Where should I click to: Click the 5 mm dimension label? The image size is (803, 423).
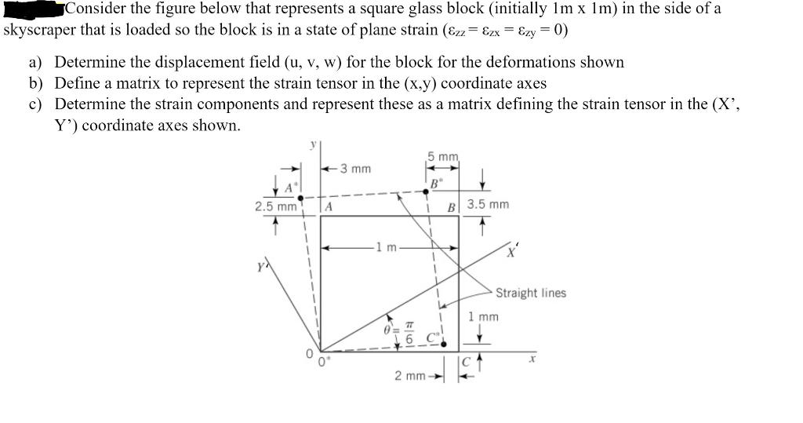[443, 157]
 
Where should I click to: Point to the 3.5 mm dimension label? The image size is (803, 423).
[488, 205]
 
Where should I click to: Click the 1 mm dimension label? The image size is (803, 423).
[483, 317]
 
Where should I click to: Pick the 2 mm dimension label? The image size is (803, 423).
[410, 376]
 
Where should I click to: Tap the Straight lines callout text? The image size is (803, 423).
[530, 293]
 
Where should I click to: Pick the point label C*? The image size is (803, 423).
[432, 339]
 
